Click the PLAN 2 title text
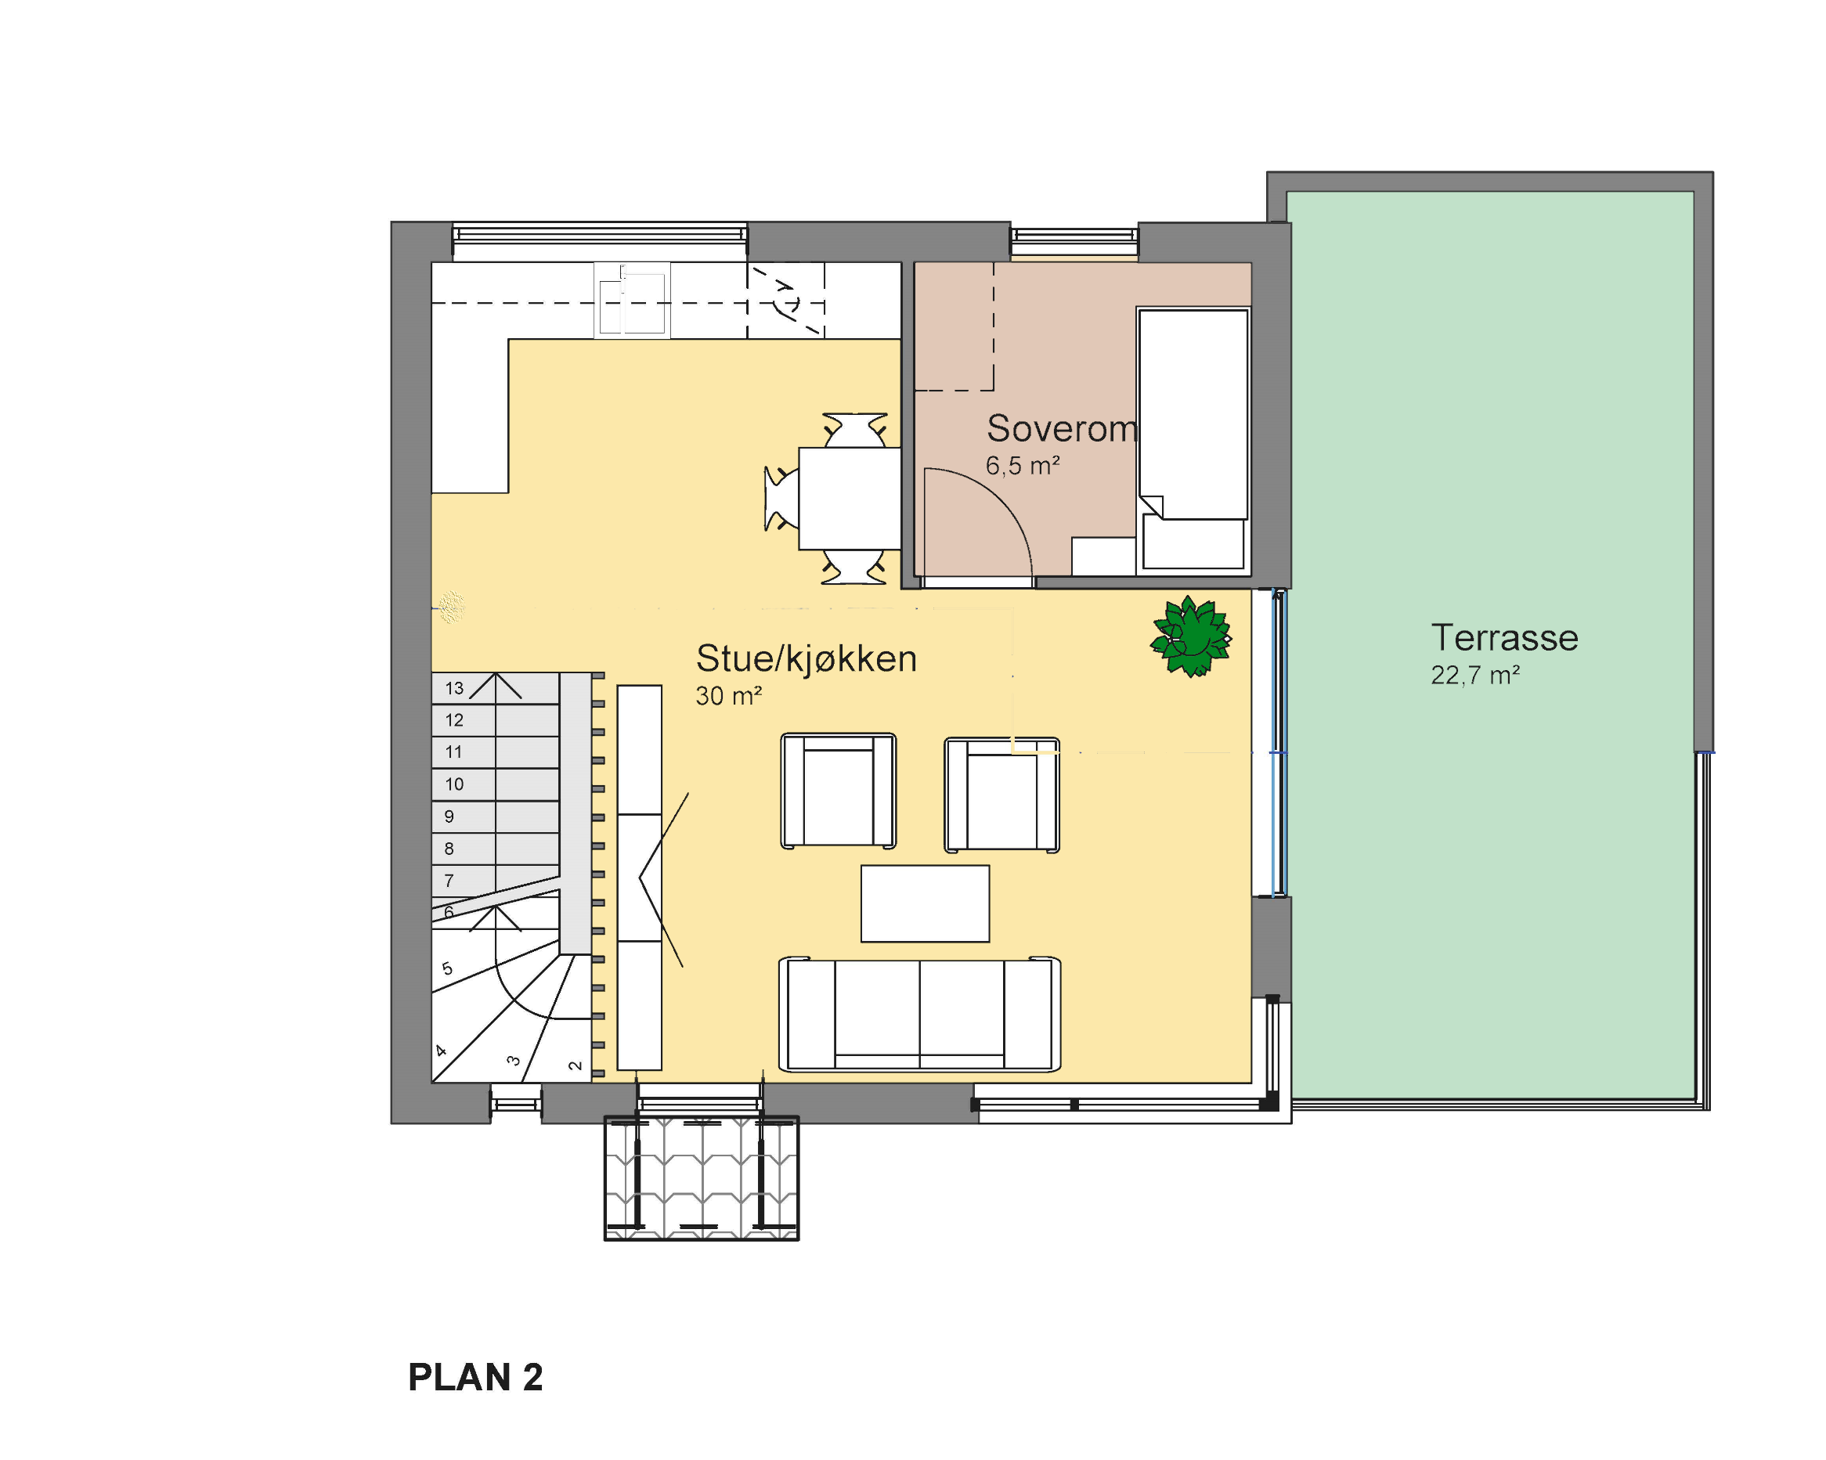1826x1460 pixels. [475, 1377]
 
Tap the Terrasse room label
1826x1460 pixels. [1504, 638]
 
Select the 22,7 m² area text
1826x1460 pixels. [1475, 675]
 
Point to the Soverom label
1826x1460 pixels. [1062, 428]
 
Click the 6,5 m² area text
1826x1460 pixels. [1023, 465]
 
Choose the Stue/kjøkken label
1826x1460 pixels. [807, 659]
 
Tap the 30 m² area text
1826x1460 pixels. [729, 696]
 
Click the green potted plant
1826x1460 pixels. [1191, 636]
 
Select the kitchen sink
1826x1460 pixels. [632, 301]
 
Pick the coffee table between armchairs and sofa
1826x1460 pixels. [925, 903]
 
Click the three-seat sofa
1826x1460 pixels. [920, 1014]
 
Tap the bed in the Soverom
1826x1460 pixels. [1193, 439]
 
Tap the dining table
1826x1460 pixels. [850, 499]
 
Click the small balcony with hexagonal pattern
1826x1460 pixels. [702, 1178]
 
